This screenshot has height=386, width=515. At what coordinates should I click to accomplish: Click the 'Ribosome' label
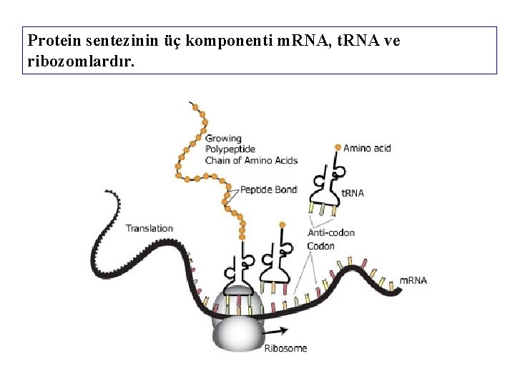[x=285, y=348]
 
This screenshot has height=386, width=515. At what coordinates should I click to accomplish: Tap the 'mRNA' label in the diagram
[x=413, y=280]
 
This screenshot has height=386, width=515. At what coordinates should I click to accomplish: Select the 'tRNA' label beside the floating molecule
[x=353, y=193]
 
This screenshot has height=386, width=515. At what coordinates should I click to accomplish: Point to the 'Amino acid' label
[x=367, y=149]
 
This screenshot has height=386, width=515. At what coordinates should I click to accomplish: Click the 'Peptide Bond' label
[x=268, y=189]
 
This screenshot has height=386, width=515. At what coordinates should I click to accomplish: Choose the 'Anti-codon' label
[x=330, y=232]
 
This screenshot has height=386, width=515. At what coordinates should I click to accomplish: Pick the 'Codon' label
[x=320, y=246]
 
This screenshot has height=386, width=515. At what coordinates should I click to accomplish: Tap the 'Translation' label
[x=149, y=228]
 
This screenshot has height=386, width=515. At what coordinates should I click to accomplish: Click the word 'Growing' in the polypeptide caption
[x=223, y=139]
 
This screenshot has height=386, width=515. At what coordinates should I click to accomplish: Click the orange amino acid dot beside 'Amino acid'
[x=338, y=147]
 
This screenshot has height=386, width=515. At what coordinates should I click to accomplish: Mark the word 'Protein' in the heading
[x=51, y=41]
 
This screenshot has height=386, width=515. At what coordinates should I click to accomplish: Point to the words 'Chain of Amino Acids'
[x=251, y=160]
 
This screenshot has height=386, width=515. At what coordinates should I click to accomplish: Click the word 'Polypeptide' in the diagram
[x=230, y=149]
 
